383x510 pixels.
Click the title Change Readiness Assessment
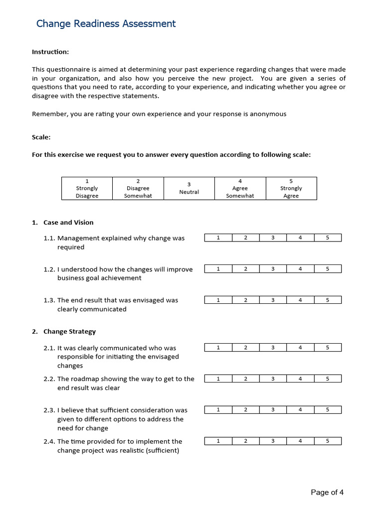point(106,23)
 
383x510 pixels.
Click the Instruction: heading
point(50,52)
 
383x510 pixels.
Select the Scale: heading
point(41,137)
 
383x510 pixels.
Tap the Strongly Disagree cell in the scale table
point(87,189)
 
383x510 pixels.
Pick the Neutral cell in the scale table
point(189,189)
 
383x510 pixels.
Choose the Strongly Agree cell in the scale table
point(291,189)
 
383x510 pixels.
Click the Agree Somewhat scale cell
point(240,189)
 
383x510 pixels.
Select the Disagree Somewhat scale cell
point(138,189)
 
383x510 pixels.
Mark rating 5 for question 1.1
point(328,238)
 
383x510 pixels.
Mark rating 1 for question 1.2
point(218,269)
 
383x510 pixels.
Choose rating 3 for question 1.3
point(273,300)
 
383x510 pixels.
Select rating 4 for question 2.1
point(300,348)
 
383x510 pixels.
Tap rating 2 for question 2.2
point(245,379)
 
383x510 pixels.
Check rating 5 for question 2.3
point(328,410)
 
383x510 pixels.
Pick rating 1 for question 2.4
point(218,441)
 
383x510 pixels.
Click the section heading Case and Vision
point(68,223)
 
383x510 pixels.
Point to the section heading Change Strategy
point(69,332)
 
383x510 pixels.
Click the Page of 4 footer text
point(327,493)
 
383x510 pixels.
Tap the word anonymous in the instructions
point(270,114)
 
